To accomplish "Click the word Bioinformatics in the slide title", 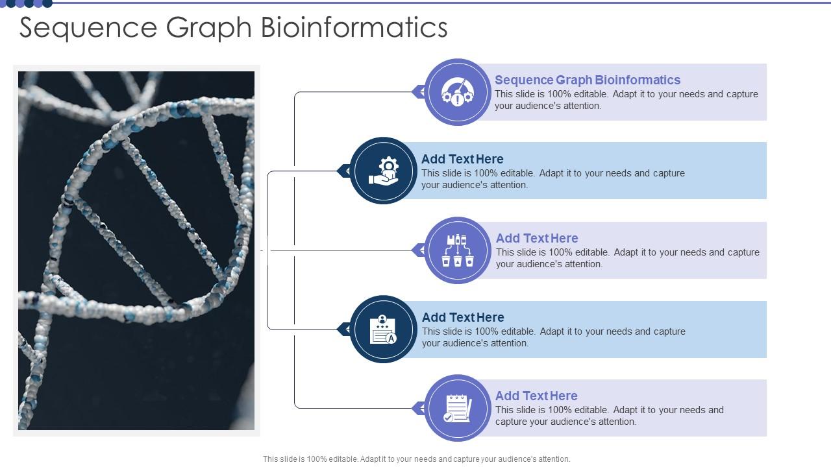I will tap(354, 28).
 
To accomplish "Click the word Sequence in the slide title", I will tap(88, 28).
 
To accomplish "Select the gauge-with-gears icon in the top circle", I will tap(458, 92).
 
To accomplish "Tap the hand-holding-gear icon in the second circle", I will tap(384, 171).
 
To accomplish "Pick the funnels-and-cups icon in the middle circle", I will tap(458, 250).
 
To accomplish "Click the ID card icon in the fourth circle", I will tap(383, 329).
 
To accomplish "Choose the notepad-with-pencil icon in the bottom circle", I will tap(458, 408).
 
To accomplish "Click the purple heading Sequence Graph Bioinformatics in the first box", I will tap(588, 80).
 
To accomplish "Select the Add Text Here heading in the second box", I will tap(462, 159).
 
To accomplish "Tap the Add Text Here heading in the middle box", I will tap(537, 238).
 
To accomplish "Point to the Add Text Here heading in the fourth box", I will tap(463, 317).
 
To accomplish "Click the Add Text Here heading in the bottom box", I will tap(536, 396).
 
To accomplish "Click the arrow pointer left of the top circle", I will tap(419, 92).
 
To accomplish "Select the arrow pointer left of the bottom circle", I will tap(419, 408).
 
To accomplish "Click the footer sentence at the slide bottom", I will tap(416, 459).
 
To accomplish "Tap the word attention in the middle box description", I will tap(576, 264).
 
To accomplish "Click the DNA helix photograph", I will tap(136, 250).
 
